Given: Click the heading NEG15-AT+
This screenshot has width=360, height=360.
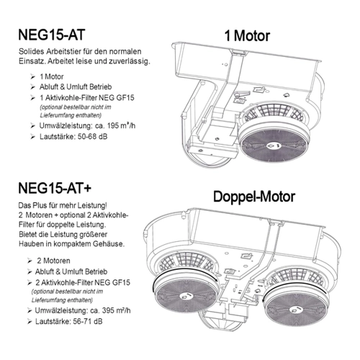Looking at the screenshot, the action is pos(55,188).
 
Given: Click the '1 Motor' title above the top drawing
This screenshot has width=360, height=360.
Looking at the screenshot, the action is pos(247,36).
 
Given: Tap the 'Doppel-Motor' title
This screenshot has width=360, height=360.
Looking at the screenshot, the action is pos(254,197).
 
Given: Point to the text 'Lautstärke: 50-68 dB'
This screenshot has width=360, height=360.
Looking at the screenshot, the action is pos(73,137).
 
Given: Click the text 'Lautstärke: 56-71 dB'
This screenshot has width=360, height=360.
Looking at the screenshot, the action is pos(69,321).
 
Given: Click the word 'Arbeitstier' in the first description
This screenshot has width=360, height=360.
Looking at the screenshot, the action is pos(63,51).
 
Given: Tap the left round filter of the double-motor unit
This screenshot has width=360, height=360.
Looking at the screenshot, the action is pos(186,291).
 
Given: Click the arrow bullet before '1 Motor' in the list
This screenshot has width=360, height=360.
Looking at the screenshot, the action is pos(32,77).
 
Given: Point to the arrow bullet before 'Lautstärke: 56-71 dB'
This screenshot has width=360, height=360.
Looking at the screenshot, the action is pos(30,322).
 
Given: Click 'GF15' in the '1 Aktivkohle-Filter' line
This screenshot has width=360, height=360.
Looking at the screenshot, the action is pos(125,98).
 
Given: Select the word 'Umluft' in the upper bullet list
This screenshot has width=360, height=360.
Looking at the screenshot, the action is pos(76,87).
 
